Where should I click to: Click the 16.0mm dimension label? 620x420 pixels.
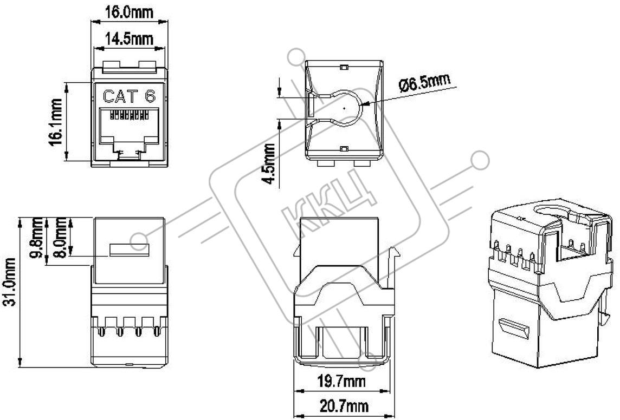pos(129,12)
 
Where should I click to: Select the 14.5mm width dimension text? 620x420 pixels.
pos(129,38)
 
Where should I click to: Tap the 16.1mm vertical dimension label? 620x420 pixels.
pos(56,122)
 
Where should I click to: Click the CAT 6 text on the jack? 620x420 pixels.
pos(130,96)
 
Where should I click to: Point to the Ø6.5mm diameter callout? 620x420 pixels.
pos(424,82)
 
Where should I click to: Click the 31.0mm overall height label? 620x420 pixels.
pos(9,281)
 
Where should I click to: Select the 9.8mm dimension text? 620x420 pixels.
pos(36,237)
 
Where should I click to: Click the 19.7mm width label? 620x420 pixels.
pos(341,382)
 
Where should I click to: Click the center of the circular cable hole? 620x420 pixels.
pos(344,107)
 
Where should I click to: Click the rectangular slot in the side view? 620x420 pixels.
pos(130,250)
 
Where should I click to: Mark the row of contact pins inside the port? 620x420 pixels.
pos(129,116)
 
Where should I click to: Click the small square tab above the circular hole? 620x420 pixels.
pos(343,68)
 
